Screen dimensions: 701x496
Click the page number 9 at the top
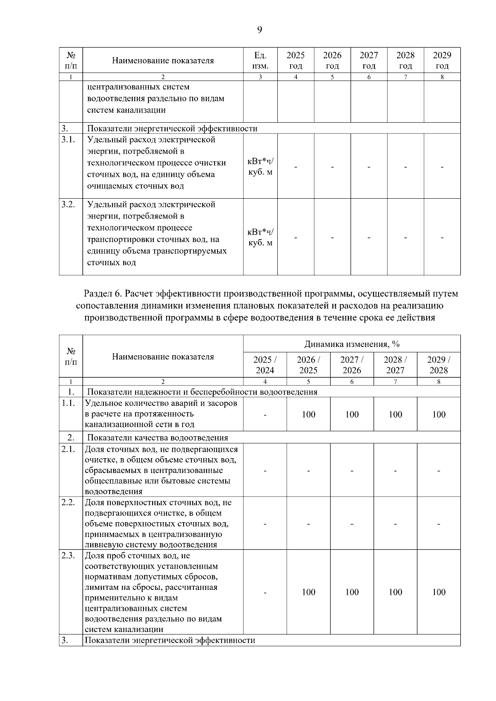click(260, 29)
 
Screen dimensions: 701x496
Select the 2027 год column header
click(369, 60)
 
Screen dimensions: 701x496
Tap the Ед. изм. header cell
click(260, 60)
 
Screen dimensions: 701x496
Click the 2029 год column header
click(442, 60)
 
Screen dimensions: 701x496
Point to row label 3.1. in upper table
click(68, 140)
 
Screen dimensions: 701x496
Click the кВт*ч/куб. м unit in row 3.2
click(260, 238)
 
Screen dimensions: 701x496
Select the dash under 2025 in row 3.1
click(296, 167)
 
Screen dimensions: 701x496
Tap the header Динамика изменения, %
click(352, 344)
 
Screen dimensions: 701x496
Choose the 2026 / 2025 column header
click(308, 365)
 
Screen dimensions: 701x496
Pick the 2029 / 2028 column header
click(439, 365)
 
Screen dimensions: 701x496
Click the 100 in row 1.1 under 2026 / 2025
click(308, 414)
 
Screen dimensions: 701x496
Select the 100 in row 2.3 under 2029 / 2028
click(439, 592)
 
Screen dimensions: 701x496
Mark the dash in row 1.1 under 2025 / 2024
click(265, 414)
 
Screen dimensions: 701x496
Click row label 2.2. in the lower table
click(68, 502)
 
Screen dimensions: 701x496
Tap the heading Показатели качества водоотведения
click(157, 437)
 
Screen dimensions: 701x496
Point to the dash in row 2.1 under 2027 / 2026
click(352, 471)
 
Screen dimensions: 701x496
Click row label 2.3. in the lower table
click(68, 556)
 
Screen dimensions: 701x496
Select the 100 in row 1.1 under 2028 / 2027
click(395, 414)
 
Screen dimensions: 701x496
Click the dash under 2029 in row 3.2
click(442, 238)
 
